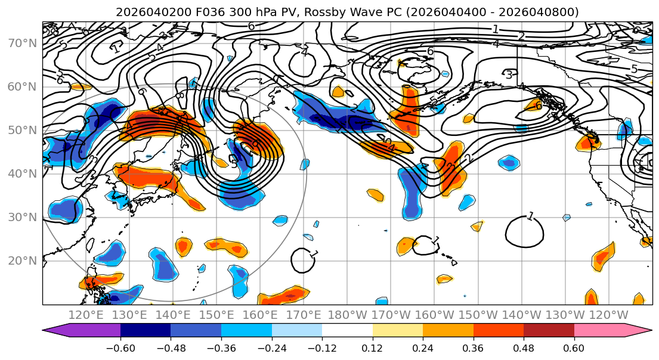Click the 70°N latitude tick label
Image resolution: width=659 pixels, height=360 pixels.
(22, 43)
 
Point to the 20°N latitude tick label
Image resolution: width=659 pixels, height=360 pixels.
(22, 260)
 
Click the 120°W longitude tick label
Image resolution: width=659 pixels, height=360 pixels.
(609, 315)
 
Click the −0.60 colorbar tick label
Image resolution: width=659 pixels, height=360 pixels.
(120, 347)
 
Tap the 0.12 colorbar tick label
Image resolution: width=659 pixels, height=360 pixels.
(373, 347)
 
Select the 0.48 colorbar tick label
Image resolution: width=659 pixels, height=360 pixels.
(524, 347)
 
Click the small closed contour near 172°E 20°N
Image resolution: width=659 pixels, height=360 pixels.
(304, 260)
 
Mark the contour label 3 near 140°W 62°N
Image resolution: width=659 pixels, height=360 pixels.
(509, 75)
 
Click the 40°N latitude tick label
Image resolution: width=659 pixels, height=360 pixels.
(22, 173)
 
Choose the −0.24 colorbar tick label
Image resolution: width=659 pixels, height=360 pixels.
(272, 347)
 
